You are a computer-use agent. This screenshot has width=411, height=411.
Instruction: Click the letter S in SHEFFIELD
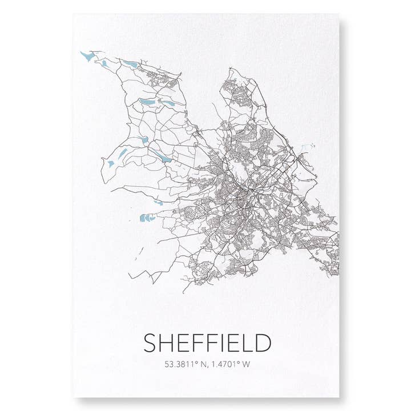pos(150,343)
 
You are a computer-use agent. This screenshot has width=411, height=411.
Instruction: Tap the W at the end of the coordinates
pos(247,364)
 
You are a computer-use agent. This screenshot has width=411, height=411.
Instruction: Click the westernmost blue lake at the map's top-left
pos(87,56)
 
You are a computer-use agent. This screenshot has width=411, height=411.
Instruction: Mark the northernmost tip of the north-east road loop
pos(232,69)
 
